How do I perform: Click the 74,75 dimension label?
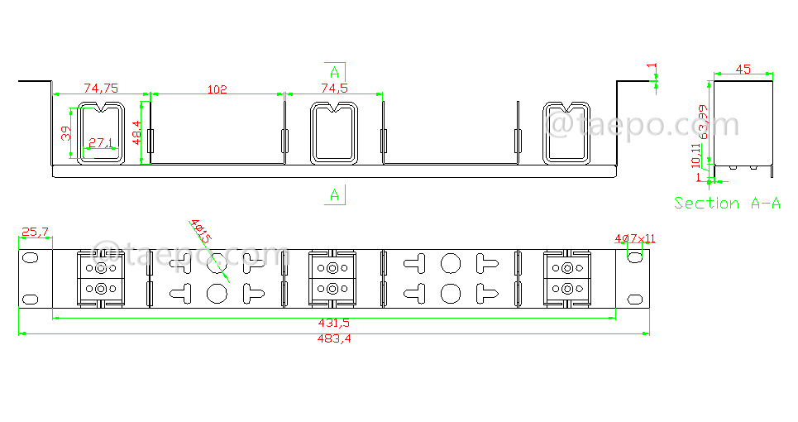[x=100, y=88]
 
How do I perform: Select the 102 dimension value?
[x=216, y=89]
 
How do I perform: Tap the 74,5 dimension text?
[x=333, y=88]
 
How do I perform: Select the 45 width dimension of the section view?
[x=743, y=70]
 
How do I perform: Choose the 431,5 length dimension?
[x=333, y=324]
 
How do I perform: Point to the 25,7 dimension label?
[x=35, y=233]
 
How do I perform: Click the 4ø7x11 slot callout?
[x=634, y=238]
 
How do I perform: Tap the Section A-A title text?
[x=727, y=203]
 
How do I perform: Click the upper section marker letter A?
[x=334, y=71]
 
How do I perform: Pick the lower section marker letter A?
[x=334, y=195]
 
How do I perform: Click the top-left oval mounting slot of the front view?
[x=30, y=258]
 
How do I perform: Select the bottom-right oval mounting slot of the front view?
[x=635, y=298]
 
